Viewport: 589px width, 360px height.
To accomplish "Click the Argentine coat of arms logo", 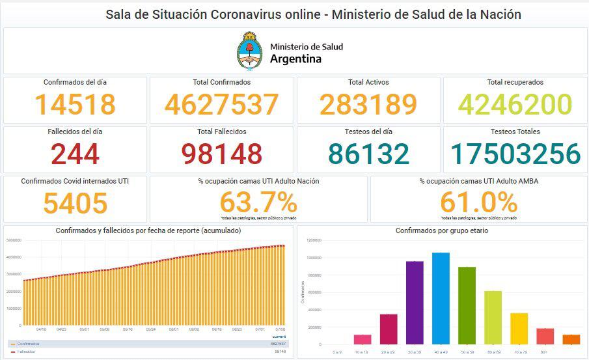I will click(249, 51).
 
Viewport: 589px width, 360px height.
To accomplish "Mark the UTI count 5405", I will click(75, 202).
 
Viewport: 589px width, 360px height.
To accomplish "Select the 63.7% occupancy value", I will click(258, 202).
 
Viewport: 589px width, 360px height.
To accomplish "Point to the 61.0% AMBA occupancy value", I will click(478, 202).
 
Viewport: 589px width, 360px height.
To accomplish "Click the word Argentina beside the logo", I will click(295, 59).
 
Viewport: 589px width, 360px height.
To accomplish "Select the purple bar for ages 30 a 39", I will click(415, 302).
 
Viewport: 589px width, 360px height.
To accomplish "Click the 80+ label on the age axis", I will click(545, 352).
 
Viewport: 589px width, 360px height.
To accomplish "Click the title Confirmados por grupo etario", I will click(441, 231).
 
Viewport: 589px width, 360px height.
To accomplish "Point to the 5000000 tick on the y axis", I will click(14, 240).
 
